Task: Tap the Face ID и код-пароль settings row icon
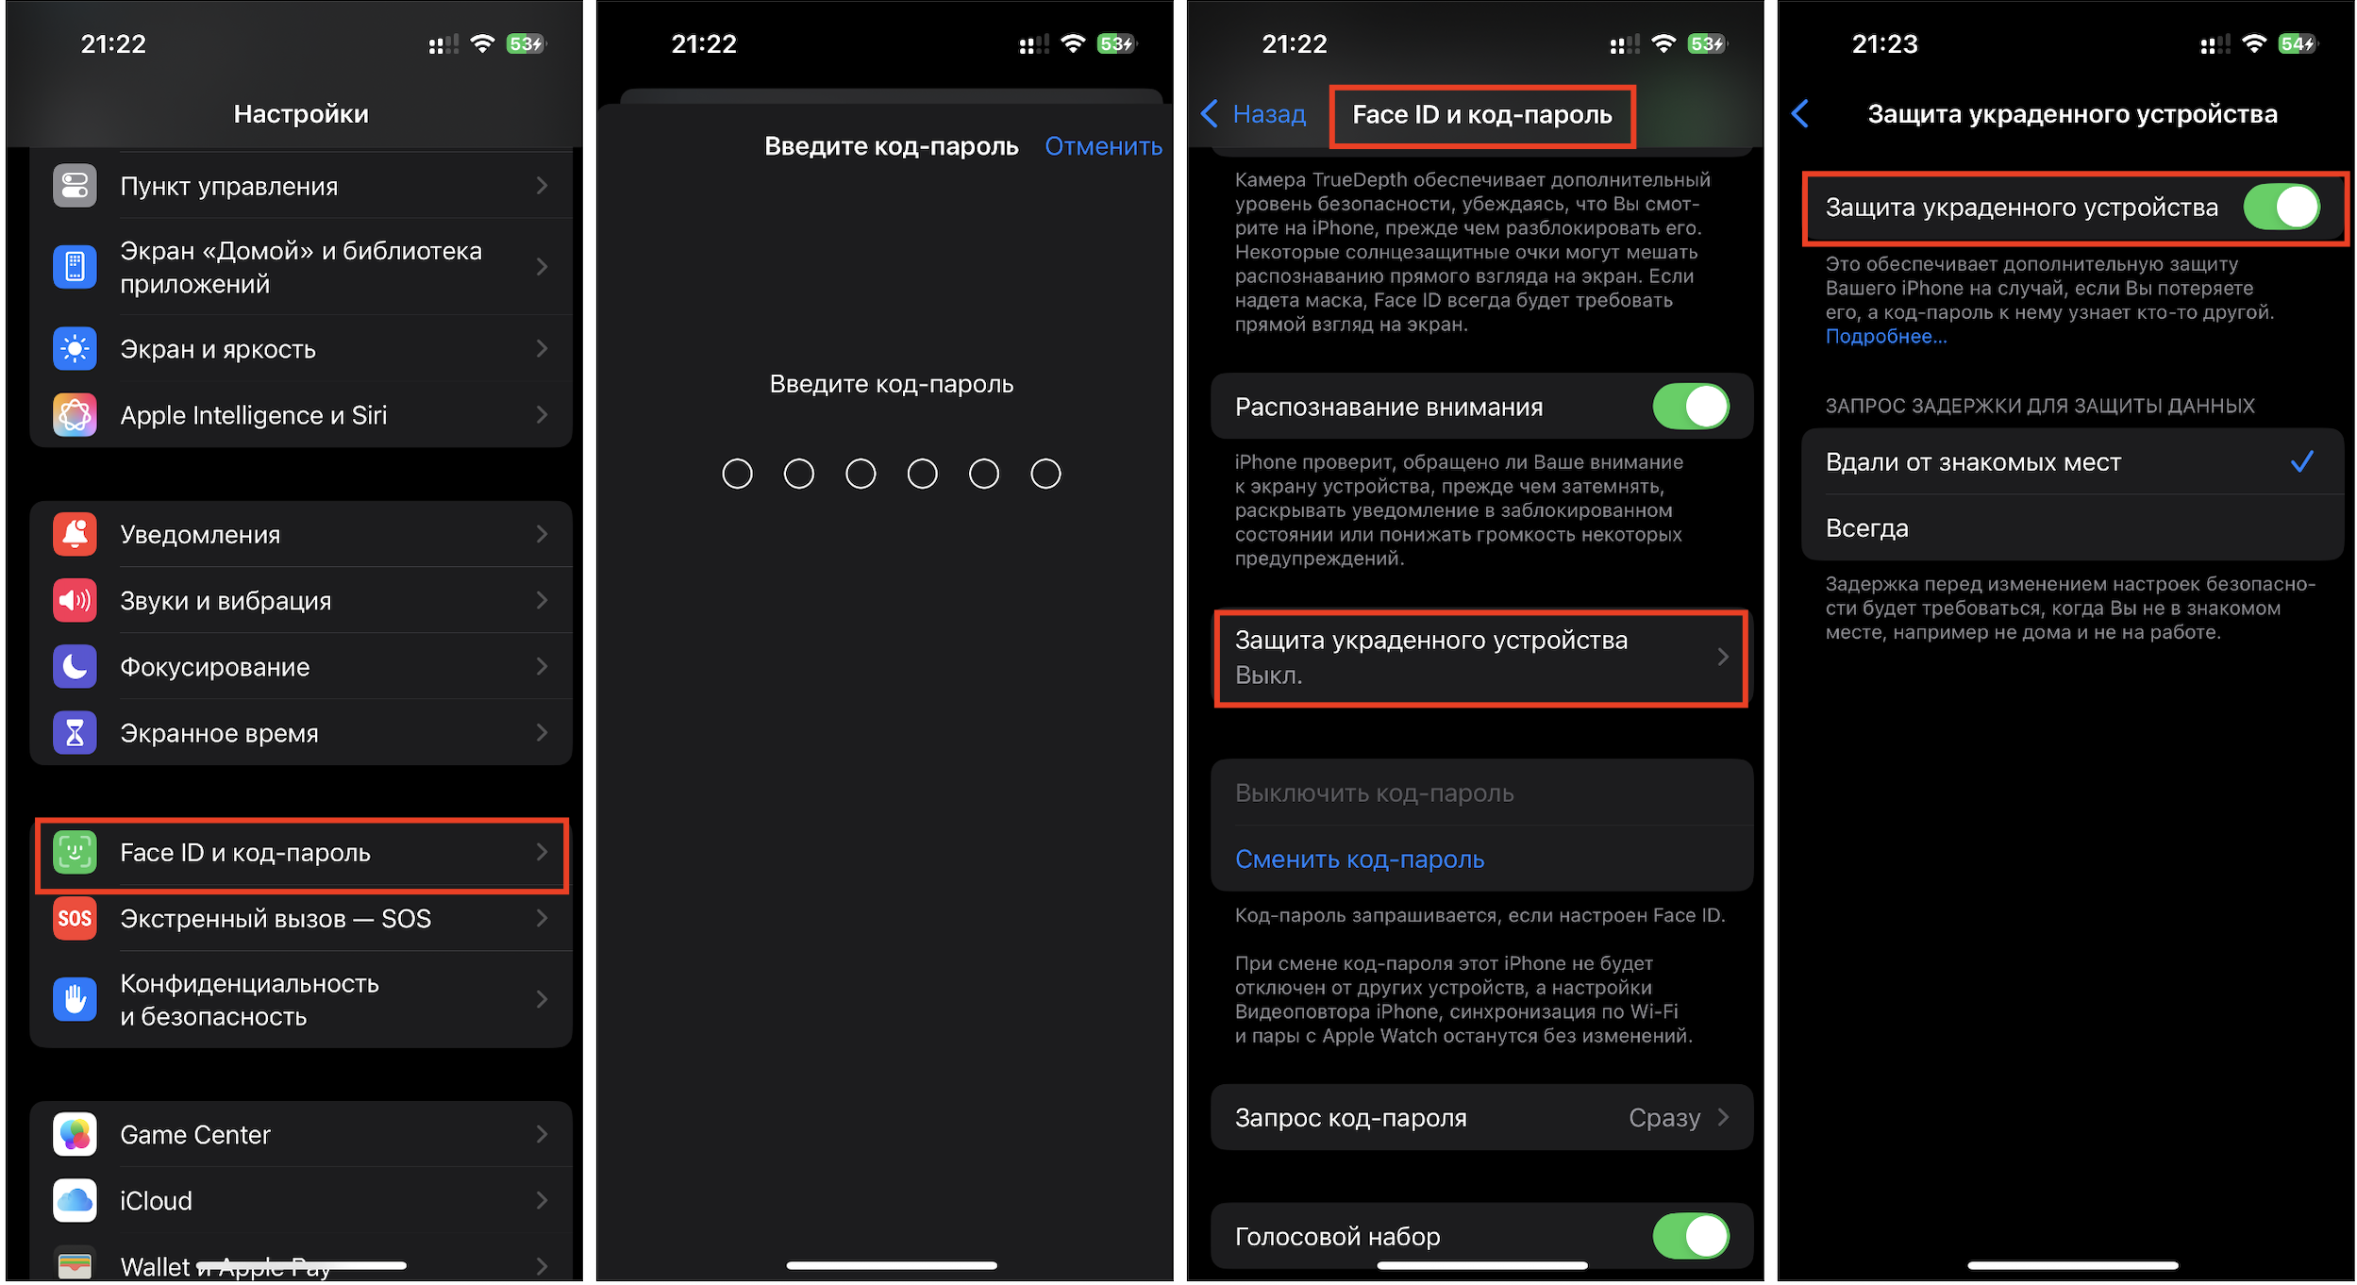pos(75,853)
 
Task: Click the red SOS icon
pos(75,919)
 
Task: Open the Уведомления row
pos(301,534)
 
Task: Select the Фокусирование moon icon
pos(75,667)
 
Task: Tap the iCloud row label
pos(156,1201)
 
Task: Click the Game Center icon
pos(75,1135)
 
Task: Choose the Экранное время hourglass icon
pos(75,733)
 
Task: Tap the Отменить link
pos(1103,146)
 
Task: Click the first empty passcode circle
pos(737,474)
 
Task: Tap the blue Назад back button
pos(1253,114)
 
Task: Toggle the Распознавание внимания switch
pos(1691,407)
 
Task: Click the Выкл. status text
pos(1268,676)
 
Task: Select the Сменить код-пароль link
pos(1360,859)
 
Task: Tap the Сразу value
pos(1664,1118)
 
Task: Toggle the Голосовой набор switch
pos(1691,1236)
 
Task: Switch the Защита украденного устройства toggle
pos(2282,208)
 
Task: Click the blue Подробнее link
pos(1885,337)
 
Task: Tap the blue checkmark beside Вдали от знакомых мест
pos(2302,461)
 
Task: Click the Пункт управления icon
pos(75,186)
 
